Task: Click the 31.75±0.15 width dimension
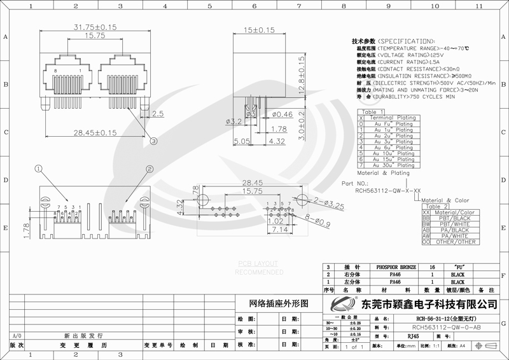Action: pos(87,27)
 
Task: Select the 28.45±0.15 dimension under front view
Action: pos(94,133)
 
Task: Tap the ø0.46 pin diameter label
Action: pos(283,114)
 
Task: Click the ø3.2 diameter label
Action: pos(235,121)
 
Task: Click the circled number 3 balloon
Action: pos(153,143)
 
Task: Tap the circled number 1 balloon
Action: pos(39,169)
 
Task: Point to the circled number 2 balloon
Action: pos(150,169)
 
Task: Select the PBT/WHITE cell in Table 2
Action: pos(453,225)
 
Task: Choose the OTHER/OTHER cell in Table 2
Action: pos(453,242)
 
